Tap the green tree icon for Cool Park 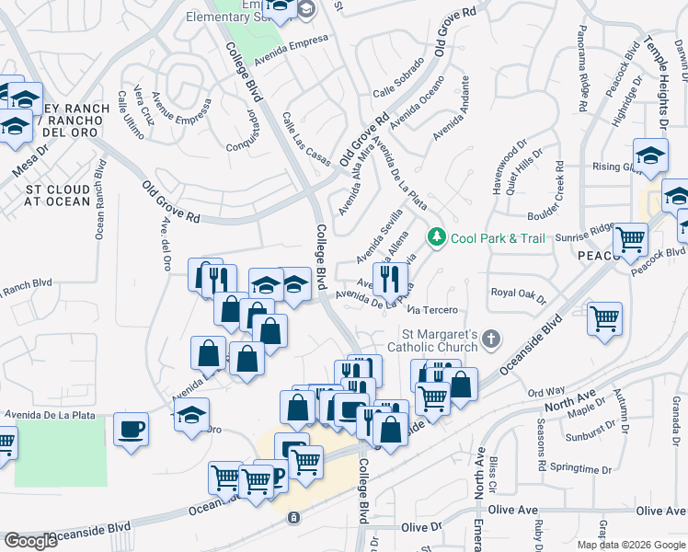coord(437,238)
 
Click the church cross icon coord(491,339)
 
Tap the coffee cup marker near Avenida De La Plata coord(131,429)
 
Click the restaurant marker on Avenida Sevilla coord(390,279)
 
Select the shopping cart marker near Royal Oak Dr coord(604,320)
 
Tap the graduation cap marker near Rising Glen coord(650,155)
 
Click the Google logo coord(30,541)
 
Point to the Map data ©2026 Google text coord(631,545)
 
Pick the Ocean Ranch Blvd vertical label coord(100,200)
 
